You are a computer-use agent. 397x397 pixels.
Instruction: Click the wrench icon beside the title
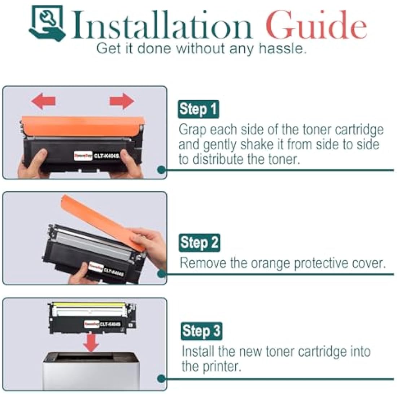[x=47, y=22]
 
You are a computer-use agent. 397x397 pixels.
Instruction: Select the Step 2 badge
[x=199, y=243]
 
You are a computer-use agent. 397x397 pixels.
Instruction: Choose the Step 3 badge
[x=201, y=331]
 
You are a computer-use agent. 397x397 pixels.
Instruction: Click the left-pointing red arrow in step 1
[x=43, y=101]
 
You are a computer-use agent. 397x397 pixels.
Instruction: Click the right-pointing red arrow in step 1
[x=122, y=101]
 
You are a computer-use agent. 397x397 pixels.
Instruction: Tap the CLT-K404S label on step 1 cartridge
[x=107, y=156]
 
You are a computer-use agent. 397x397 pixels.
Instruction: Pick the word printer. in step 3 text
[x=211, y=367]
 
